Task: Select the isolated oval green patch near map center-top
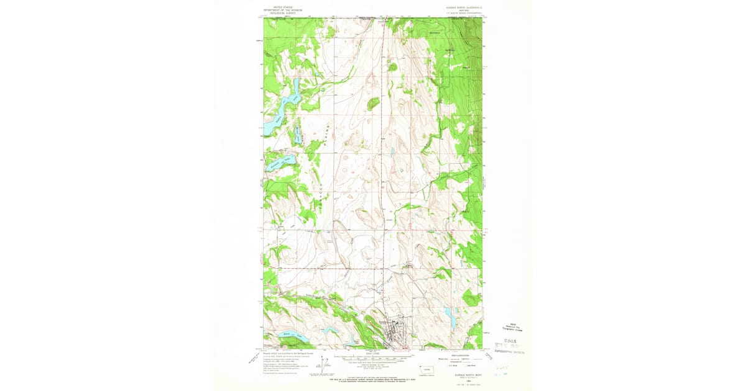tap(373, 103)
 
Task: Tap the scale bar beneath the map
tap(373, 358)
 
